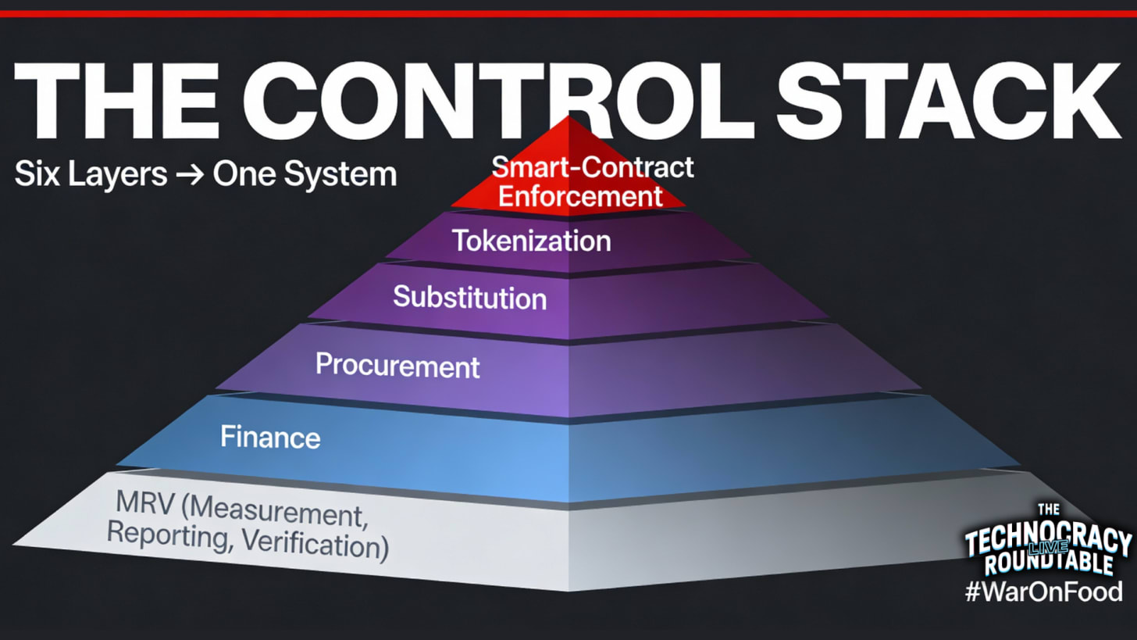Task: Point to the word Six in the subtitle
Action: [x=34, y=174]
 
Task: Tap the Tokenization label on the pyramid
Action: [x=532, y=240]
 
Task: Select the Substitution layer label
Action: [x=469, y=297]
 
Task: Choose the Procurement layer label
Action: [x=397, y=364]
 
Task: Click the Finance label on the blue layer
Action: [x=270, y=436]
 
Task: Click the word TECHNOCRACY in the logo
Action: [x=1047, y=541]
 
